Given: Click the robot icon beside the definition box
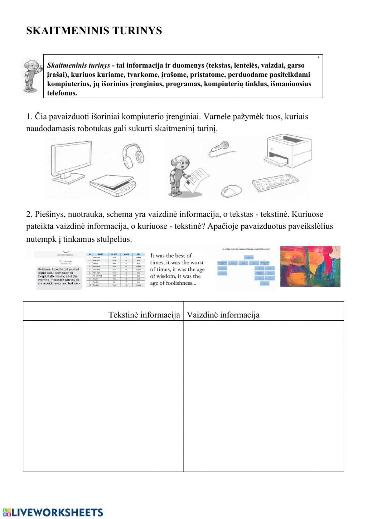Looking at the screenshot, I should tap(32, 76).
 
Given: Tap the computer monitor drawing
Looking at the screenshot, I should tap(71, 162).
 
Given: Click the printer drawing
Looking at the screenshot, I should tap(288, 151).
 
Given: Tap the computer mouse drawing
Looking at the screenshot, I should tap(231, 191).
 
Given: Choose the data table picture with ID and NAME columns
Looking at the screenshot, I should tap(116, 270).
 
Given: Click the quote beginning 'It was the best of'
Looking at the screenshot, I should tap(177, 269).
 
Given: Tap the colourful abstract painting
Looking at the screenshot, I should tap(310, 266).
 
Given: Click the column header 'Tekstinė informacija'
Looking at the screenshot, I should tap(144, 315).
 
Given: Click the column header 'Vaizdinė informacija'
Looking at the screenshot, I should tap(223, 315).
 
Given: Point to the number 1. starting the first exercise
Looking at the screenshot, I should tap(29, 117).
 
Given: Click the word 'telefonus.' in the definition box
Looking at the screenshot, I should tap(62, 93).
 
